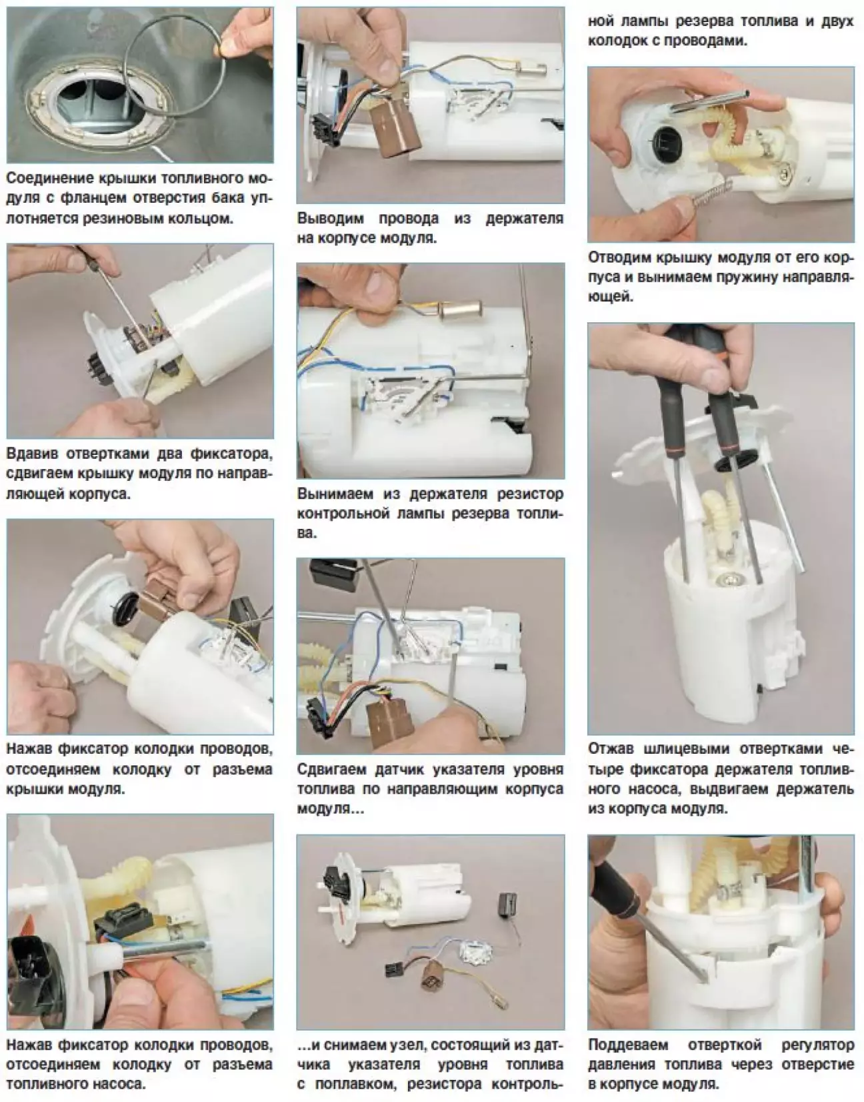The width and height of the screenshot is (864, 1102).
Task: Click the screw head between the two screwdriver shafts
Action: pyautogui.click(x=727, y=578)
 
